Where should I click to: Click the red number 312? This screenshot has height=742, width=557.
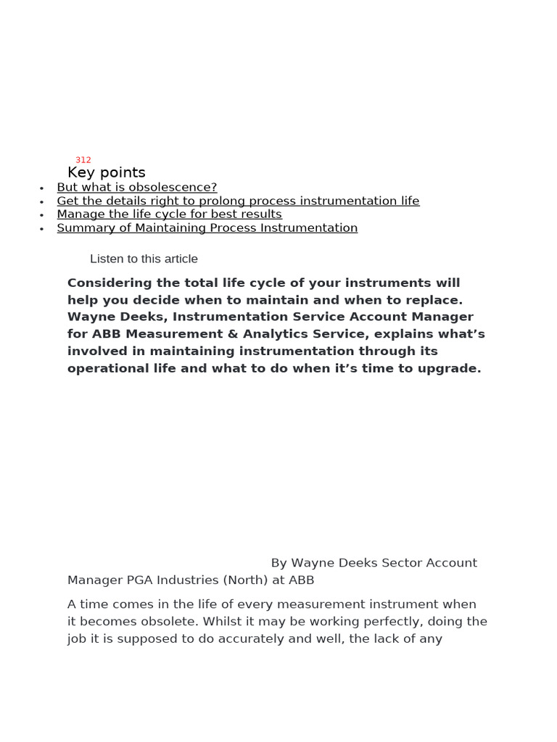coord(83,160)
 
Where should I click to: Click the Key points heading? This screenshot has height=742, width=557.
coord(106,172)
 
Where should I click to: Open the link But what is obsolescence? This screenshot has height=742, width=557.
coord(136,188)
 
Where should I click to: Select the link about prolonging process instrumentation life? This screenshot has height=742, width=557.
coord(238,201)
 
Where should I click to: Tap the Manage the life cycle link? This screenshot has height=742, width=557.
coord(169,214)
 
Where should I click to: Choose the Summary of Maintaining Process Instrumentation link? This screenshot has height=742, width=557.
coord(207,228)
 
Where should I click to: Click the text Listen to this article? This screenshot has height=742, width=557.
coord(144,259)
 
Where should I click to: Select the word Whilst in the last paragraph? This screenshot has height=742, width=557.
coord(223,622)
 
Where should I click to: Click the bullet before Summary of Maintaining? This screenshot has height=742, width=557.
coord(42,229)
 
